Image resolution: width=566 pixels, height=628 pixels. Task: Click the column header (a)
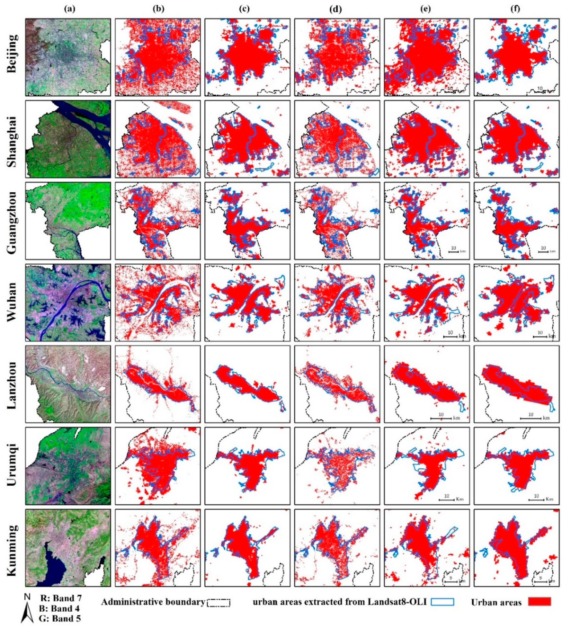tap(69, 9)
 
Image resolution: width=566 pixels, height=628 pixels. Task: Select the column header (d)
tap(337, 9)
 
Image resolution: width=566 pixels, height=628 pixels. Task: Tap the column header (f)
tap(515, 9)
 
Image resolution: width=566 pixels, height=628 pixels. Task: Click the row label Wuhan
tap(12, 302)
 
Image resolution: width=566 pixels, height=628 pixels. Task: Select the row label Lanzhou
tap(12, 385)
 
